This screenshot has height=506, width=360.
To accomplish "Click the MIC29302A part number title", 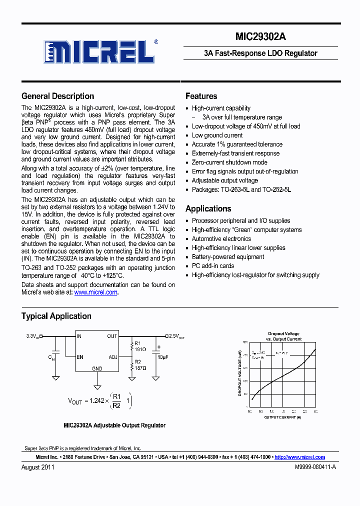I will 260,37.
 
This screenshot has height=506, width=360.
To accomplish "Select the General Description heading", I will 57,96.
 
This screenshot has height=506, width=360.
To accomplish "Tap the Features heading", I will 201,96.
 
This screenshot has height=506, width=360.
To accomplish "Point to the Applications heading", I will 208,208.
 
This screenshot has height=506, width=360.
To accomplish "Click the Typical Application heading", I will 56,316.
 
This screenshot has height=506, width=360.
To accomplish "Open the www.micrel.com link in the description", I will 96,292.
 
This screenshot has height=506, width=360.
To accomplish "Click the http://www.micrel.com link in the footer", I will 300,457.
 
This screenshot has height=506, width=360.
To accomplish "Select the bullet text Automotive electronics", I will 221,239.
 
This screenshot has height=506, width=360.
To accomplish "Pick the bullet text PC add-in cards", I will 213,266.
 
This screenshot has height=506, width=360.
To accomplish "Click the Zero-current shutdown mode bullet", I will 229,162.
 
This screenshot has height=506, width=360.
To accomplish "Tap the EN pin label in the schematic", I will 80,357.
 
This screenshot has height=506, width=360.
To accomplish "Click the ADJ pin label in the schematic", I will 113,357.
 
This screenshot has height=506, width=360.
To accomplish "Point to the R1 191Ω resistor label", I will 140,346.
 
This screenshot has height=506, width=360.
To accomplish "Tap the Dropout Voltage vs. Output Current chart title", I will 283,336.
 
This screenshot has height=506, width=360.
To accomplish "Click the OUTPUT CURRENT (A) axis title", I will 282,417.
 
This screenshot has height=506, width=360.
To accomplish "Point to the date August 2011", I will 38,467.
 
